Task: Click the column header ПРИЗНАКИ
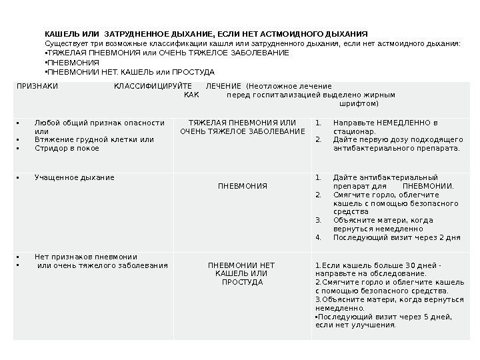pos(37,86)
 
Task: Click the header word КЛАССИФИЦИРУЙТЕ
pos(153,86)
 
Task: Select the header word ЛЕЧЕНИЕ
pos(224,86)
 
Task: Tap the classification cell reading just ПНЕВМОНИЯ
pos(243,185)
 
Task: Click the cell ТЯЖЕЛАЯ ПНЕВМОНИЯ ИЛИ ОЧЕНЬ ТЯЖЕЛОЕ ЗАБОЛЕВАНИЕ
pos(243,127)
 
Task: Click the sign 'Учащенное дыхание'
pos(74,178)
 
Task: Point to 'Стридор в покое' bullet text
pos(66,148)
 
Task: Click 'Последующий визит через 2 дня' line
pos(396,237)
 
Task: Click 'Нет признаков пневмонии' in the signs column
pos(85,257)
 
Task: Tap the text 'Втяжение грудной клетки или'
pos(94,139)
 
